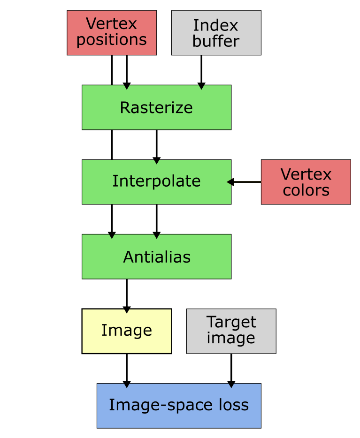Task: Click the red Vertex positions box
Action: coord(112,32)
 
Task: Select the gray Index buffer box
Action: coord(216,33)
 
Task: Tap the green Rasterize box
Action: coord(156,107)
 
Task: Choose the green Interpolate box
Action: coord(156,181)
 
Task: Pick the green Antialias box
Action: coord(156,257)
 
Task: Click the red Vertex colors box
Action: coord(306,182)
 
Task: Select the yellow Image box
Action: coord(127,331)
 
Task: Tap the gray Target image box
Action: coord(231,331)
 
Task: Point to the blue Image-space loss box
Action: coord(179,405)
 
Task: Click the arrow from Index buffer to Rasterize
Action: coord(201,70)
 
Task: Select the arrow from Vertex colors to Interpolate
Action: coord(245,182)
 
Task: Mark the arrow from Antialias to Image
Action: coord(127,294)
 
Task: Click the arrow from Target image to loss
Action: coord(231,369)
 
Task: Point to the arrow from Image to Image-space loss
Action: coord(127,369)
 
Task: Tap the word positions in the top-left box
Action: coord(112,40)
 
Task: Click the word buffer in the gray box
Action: coord(216,41)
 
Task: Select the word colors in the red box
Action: coord(306,190)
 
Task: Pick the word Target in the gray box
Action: coord(231,322)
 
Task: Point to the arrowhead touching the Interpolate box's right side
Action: coord(230,182)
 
